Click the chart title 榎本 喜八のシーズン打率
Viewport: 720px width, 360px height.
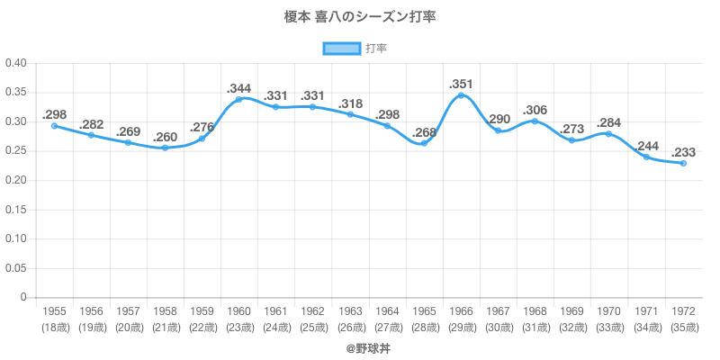click(360, 17)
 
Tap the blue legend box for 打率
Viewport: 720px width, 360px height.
click(341, 48)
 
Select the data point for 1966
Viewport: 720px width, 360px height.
click(461, 94)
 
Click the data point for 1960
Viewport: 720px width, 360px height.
click(238, 99)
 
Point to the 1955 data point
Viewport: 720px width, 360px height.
click(54, 126)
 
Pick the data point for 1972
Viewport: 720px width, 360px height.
click(683, 163)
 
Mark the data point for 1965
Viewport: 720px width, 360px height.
click(424, 143)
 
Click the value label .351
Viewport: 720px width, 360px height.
click(461, 84)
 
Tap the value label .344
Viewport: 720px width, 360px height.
click(238, 88)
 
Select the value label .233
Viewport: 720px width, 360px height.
click(683, 152)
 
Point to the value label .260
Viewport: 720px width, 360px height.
click(165, 137)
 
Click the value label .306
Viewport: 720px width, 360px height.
click(535, 110)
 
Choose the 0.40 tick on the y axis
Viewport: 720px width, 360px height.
click(18, 63)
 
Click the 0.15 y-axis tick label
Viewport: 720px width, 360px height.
click(18, 210)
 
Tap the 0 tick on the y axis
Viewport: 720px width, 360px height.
click(24, 298)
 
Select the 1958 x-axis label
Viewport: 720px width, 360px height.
click(165, 311)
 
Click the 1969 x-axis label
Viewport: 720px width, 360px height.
click(571, 311)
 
